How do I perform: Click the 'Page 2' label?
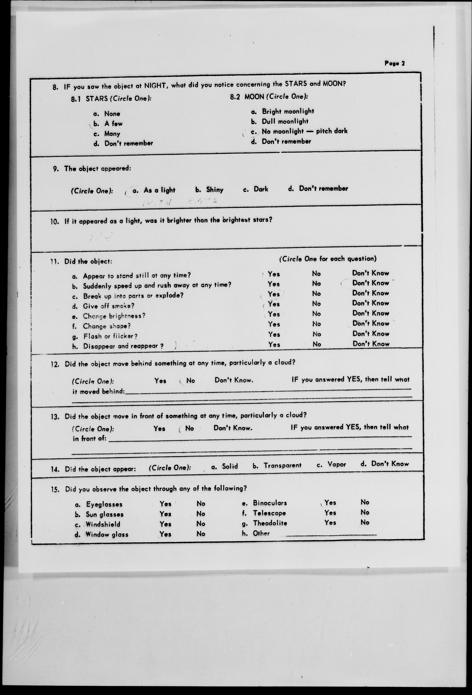click(394, 63)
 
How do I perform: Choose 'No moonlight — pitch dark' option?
click(304, 131)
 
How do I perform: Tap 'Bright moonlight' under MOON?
click(288, 112)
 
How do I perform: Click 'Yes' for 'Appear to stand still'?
click(274, 274)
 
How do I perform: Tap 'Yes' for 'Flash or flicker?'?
click(274, 334)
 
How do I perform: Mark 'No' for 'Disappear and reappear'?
click(317, 344)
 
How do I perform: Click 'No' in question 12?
click(190, 381)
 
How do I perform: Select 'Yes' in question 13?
click(159, 429)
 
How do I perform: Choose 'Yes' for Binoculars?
click(330, 503)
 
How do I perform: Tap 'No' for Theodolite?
click(365, 522)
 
